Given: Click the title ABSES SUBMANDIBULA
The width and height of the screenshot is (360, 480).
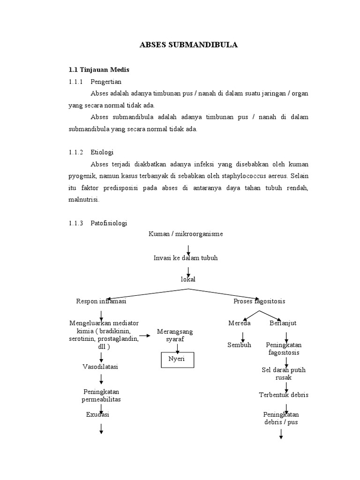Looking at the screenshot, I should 188,45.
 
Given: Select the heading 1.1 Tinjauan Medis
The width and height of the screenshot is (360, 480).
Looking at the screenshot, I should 98,70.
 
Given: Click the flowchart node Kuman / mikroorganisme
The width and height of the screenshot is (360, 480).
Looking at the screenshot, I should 186,234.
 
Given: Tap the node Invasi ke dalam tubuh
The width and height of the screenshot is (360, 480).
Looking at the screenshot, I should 186,258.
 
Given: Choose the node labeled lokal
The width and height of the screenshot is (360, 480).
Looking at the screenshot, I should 187,279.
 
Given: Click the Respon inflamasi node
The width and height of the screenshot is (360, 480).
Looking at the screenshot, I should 101,301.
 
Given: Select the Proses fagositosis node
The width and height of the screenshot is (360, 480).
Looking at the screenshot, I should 259,301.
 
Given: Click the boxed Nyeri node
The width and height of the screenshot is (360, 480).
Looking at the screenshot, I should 177,360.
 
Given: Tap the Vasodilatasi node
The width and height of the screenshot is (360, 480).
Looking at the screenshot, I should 101,367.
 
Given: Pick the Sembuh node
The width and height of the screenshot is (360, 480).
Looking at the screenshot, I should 239,345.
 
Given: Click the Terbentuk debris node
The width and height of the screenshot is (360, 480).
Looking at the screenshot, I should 284,395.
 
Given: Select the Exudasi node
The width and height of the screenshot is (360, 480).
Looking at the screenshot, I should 98,414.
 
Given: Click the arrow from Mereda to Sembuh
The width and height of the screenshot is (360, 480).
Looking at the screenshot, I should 243,336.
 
